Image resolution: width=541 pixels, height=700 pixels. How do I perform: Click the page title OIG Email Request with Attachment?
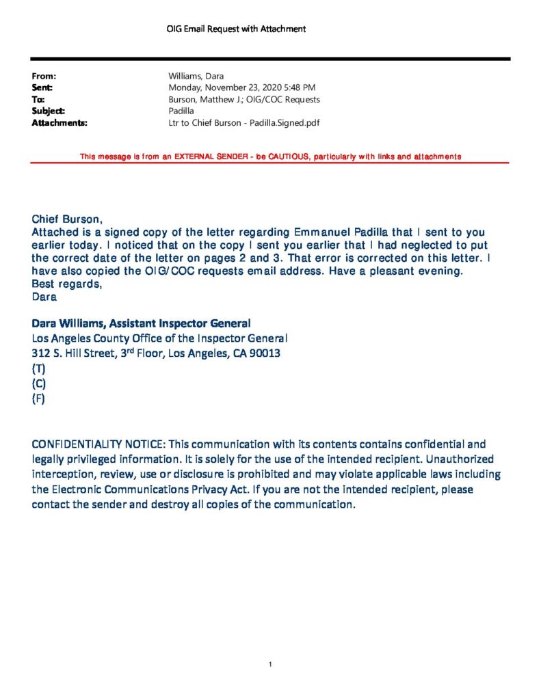(x=236, y=29)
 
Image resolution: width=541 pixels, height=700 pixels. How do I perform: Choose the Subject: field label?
(x=49, y=111)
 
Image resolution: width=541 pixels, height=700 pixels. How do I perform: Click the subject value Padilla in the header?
(x=181, y=111)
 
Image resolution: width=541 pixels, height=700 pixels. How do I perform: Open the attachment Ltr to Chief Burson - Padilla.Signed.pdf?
(x=244, y=123)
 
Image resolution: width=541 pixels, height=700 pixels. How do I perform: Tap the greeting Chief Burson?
(x=67, y=219)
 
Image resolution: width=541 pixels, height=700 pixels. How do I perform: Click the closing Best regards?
(x=66, y=284)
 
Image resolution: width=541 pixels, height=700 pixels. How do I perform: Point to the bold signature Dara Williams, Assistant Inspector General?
(x=141, y=323)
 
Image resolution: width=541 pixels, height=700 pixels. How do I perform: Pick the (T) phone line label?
(x=38, y=369)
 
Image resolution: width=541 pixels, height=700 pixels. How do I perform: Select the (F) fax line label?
(x=38, y=399)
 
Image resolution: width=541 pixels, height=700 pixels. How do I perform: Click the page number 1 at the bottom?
(x=271, y=664)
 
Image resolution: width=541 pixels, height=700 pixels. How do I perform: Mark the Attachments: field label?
(x=59, y=123)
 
